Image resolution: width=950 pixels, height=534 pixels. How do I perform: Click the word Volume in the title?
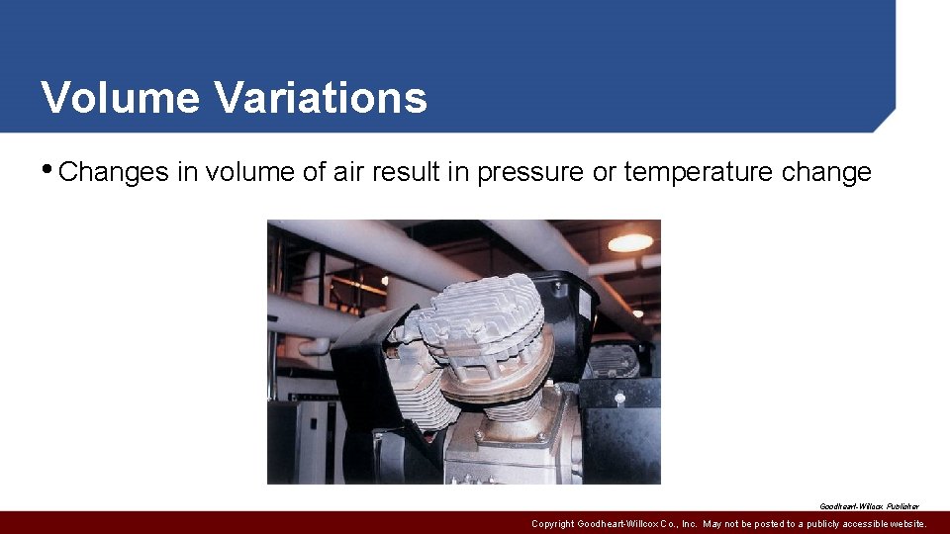(119, 98)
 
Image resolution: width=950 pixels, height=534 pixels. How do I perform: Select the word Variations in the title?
(320, 98)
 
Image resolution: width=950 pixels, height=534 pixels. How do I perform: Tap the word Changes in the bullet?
(114, 172)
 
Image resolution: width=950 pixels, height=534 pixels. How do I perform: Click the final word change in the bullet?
(826, 172)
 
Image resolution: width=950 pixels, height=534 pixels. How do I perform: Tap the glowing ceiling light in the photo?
(630, 242)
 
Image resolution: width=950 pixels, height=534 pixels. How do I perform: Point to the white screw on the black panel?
(619, 400)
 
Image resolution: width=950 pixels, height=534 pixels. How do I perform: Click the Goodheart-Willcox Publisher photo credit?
(869, 505)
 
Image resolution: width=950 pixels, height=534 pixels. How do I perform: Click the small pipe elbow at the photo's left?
(315, 346)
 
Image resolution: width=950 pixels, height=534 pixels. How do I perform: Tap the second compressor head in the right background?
(614, 361)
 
